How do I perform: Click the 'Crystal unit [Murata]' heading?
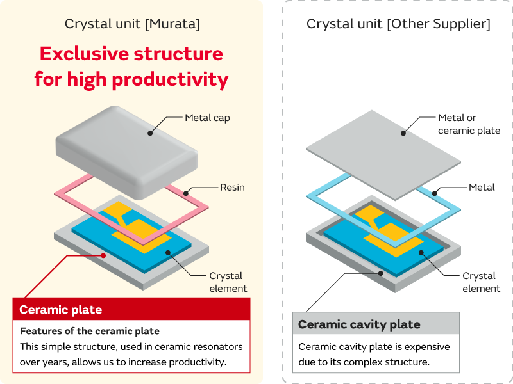tap(132, 24)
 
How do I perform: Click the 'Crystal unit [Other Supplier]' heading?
tap(398, 24)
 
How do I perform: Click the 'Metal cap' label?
tap(207, 118)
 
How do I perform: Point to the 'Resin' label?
tap(232, 188)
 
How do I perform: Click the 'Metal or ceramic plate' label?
tap(468, 124)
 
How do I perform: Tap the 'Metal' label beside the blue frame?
tap(482, 188)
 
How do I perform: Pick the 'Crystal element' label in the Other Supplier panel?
tap(481, 282)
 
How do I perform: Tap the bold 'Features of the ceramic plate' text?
tap(90, 331)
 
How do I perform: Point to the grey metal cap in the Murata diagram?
tap(128, 147)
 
